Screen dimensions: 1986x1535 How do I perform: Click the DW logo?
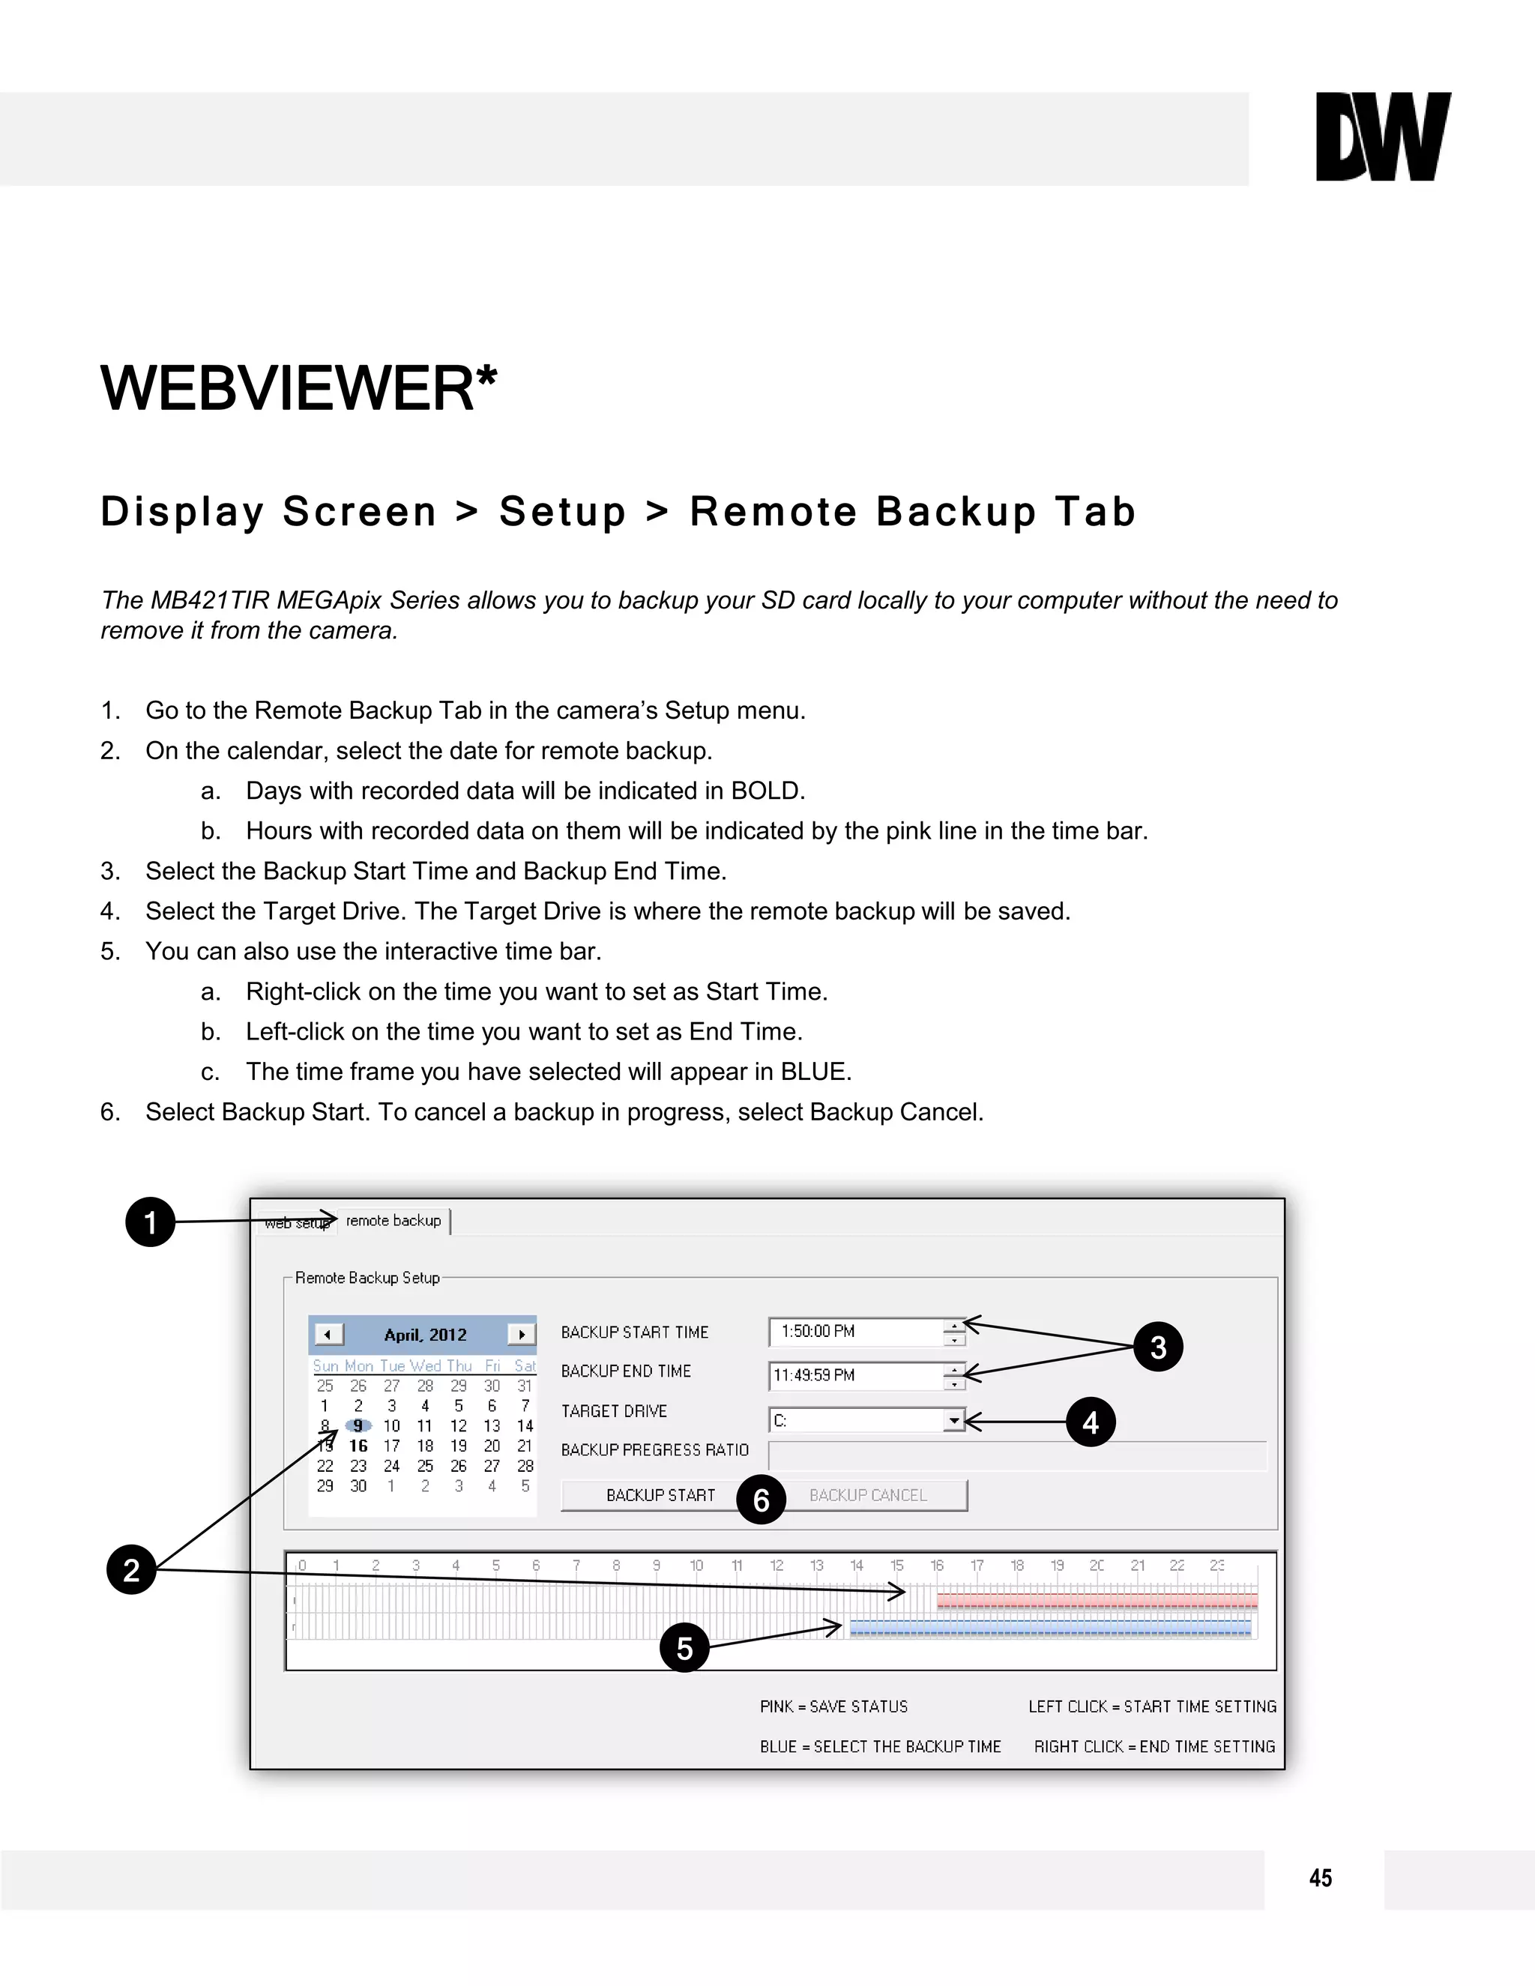pyautogui.click(x=1382, y=136)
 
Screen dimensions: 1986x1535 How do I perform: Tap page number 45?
pyautogui.click(x=1321, y=1878)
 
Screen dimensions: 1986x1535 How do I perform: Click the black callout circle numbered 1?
pyautogui.click(x=150, y=1222)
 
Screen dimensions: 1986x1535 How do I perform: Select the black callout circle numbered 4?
pyautogui.click(x=1091, y=1422)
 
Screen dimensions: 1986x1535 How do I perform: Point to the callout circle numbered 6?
pyautogui.click(x=762, y=1500)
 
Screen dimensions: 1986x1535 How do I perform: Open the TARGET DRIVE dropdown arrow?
pyautogui.click(x=953, y=1420)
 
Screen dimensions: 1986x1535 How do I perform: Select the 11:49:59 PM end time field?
pyautogui.click(x=854, y=1376)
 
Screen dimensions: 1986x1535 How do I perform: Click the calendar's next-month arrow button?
pyautogui.click(x=521, y=1335)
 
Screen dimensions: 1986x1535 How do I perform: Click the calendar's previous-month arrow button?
pyautogui.click(x=328, y=1335)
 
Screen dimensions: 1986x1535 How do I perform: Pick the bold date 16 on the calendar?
pyautogui.click(x=358, y=1446)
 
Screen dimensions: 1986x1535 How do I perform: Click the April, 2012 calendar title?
pyautogui.click(x=425, y=1335)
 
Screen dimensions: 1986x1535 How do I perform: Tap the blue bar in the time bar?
pyautogui.click(x=1050, y=1628)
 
